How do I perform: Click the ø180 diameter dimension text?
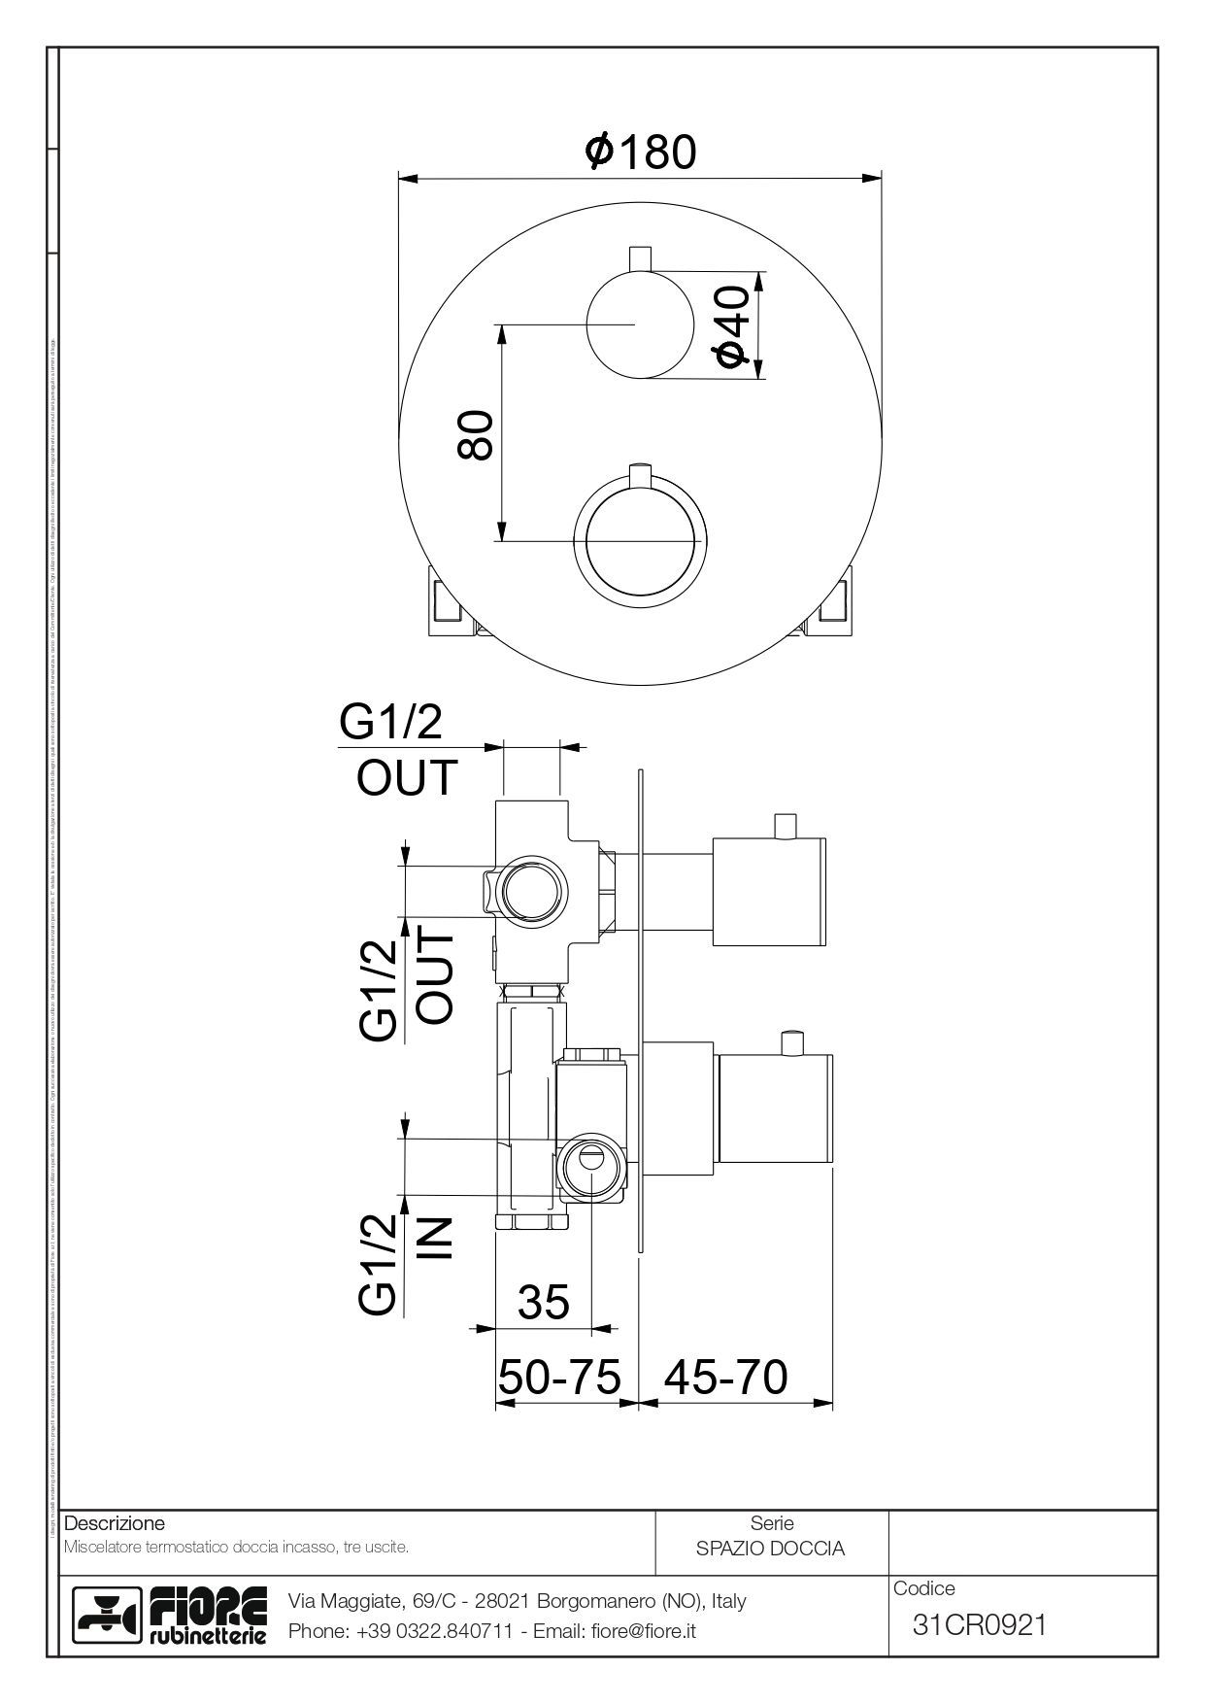[x=641, y=152]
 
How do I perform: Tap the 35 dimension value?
[x=544, y=1302]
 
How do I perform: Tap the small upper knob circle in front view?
[x=640, y=324]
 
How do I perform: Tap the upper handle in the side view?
[x=770, y=890]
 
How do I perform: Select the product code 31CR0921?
[x=980, y=1623]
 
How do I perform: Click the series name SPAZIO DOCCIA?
[x=770, y=1549]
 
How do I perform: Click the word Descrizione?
[x=114, y=1522]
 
